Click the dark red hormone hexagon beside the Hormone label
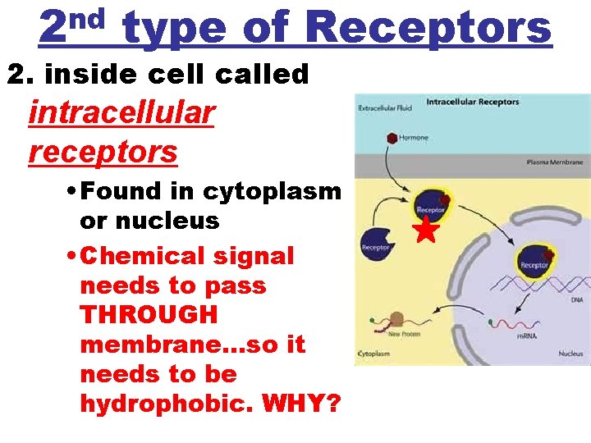pyautogui.click(x=392, y=138)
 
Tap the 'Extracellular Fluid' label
pyautogui.click(x=383, y=108)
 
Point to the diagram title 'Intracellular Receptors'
pyautogui.click(x=473, y=102)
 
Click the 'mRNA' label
pyautogui.click(x=526, y=336)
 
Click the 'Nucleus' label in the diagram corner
pyautogui.click(x=570, y=354)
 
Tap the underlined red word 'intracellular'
pyautogui.click(x=121, y=112)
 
